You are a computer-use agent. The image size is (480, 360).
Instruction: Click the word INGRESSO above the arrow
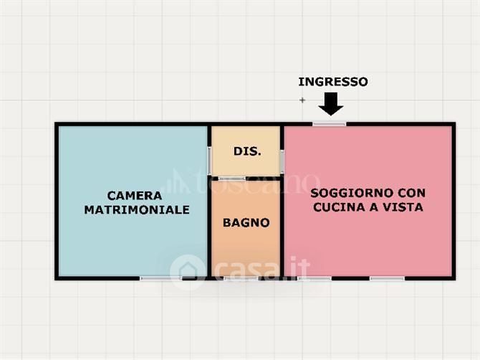[333, 82]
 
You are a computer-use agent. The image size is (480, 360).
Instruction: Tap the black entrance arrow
[330, 104]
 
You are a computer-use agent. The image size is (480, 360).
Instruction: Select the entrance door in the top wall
[330, 124]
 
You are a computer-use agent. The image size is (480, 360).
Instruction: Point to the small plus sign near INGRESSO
[302, 100]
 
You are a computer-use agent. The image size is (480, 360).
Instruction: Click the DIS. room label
[247, 151]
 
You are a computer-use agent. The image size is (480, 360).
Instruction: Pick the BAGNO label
[246, 223]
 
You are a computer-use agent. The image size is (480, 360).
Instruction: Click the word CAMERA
[135, 196]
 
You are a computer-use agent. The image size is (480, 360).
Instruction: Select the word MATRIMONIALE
[137, 210]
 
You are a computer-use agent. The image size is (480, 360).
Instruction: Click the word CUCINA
[339, 207]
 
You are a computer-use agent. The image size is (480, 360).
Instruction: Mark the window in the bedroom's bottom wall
[161, 278]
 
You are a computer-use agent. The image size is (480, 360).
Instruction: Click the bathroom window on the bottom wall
[241, 278]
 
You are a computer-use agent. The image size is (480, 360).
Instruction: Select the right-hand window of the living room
[388, 278]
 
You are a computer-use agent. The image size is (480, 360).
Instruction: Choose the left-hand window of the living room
[315, 278]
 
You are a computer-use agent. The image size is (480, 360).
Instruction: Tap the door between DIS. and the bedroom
[209, 161]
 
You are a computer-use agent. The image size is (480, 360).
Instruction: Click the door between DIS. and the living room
[282, 161]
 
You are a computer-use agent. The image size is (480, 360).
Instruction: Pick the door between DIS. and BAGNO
[231, 179]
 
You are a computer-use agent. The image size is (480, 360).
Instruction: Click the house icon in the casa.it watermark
[188, 272]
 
